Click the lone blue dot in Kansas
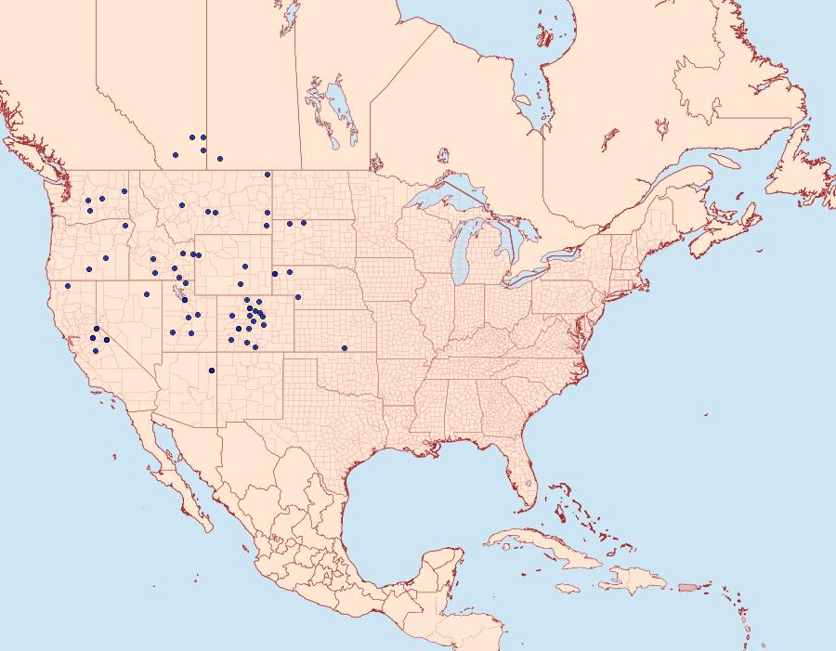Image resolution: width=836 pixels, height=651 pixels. [x=344, y=348]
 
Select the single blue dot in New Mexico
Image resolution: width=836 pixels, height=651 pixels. [x=212, y=371]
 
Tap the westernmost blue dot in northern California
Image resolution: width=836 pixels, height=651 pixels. [x=68, y=286]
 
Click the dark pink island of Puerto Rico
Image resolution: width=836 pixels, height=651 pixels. [x=687, y=586]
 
